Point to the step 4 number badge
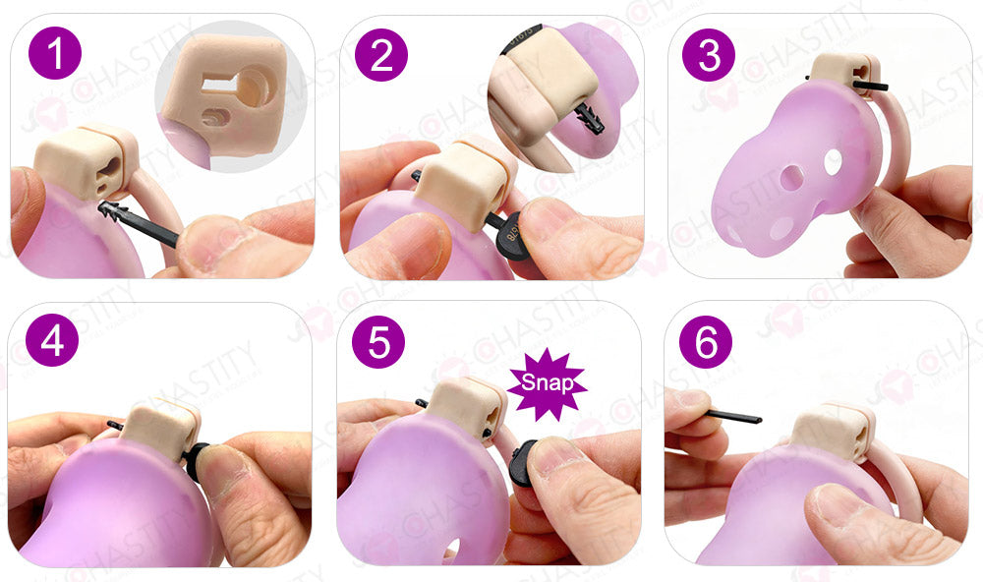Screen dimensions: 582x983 52,341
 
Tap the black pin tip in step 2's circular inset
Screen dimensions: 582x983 591,118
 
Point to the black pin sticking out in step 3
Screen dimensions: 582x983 875,87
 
